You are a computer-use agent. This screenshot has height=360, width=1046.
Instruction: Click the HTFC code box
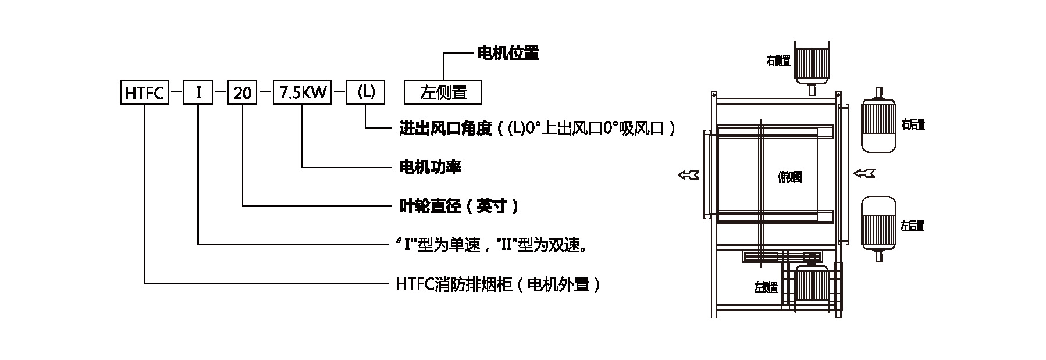pyautogui.click(x=144, y=92)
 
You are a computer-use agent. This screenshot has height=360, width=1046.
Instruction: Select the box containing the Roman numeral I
pyautogui.click(x=198, y=92)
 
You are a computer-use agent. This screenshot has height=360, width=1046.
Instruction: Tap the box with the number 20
pyautogui.click(x=242, y=92)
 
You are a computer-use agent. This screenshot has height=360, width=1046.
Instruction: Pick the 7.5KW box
pyautogui.click(x=302, y=92)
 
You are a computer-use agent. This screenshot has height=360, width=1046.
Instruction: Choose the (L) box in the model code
pyautogui.click(x=365, y=92)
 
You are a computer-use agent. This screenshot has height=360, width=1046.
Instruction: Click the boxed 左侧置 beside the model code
pyautogui.click(x=443, y=92)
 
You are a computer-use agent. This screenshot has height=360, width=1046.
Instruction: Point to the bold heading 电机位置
pyautogui.click(x=508, y=54)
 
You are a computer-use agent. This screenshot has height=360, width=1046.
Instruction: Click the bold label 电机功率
pyautogui.click(x=430, y=167)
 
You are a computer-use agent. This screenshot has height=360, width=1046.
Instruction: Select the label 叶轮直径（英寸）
pyautogui.click(x=458, y=206)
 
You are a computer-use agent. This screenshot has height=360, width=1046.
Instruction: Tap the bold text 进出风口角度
pyautogui.click(x=446, y=129)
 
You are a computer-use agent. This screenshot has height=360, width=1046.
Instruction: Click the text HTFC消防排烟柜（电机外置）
pyautogui.click(x=497, y=284)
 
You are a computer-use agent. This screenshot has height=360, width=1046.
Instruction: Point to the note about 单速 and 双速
pyautogui.click(x=490, y=245)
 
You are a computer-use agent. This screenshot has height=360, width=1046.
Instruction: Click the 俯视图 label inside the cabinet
pyautogui.click(x=789, y=177)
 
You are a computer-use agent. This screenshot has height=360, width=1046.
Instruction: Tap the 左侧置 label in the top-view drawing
pyautogui.click(x=766, y=287)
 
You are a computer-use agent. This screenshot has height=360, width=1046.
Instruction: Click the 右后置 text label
pyautogui.click(x=913, y=124)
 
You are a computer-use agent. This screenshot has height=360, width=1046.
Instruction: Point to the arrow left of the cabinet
pyautogui.click(x=689, y=174)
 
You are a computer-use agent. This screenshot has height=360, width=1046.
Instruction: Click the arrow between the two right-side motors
pyautogui.click(x=864, y=173)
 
